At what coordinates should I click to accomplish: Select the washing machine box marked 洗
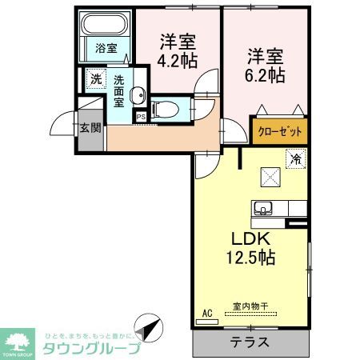(95, 79)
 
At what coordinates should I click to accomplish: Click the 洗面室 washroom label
(118, 90)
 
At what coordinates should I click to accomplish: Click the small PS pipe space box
(141, 117)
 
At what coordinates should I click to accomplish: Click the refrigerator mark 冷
(296, 158)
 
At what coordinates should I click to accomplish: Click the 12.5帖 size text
(250, 258)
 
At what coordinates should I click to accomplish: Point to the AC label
(207, 313)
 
